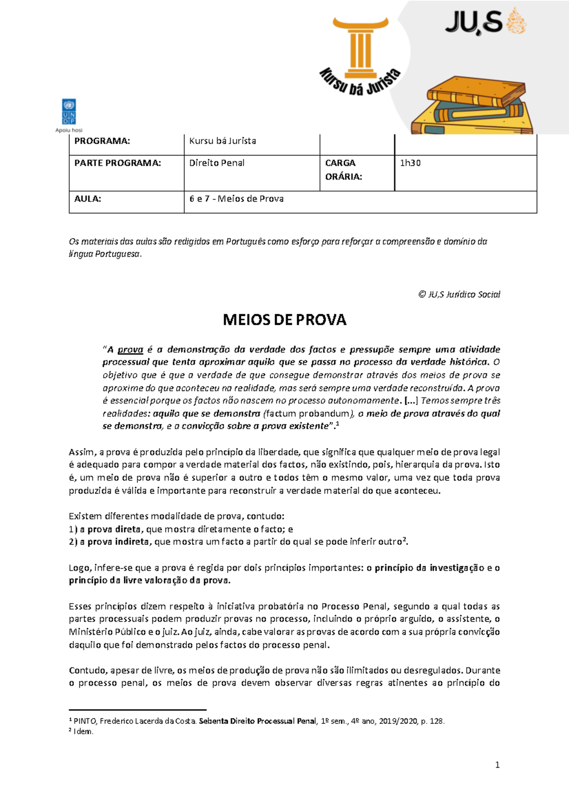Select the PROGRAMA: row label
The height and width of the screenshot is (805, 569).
tap(102, 141)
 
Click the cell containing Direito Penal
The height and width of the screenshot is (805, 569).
tap(217, 163)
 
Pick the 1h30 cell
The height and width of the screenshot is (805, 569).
tap(410, 163)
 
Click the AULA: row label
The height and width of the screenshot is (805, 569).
tap(88, 199)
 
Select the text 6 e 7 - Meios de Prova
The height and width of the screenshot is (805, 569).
tap(236, 199)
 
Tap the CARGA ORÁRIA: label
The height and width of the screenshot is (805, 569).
tap(343, 170)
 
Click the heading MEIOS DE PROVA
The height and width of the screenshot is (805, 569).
tap(284, 320)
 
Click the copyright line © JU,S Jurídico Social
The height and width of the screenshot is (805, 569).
tap(459, 294)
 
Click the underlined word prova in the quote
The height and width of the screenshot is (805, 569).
tap(130, 350)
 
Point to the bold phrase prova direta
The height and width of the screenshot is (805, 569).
tap(114, 529)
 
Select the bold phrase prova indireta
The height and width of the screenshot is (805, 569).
tap(118, 542)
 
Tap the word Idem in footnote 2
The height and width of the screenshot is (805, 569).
tap(83, 732)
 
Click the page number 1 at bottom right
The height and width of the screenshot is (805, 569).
tap(497, 765)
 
